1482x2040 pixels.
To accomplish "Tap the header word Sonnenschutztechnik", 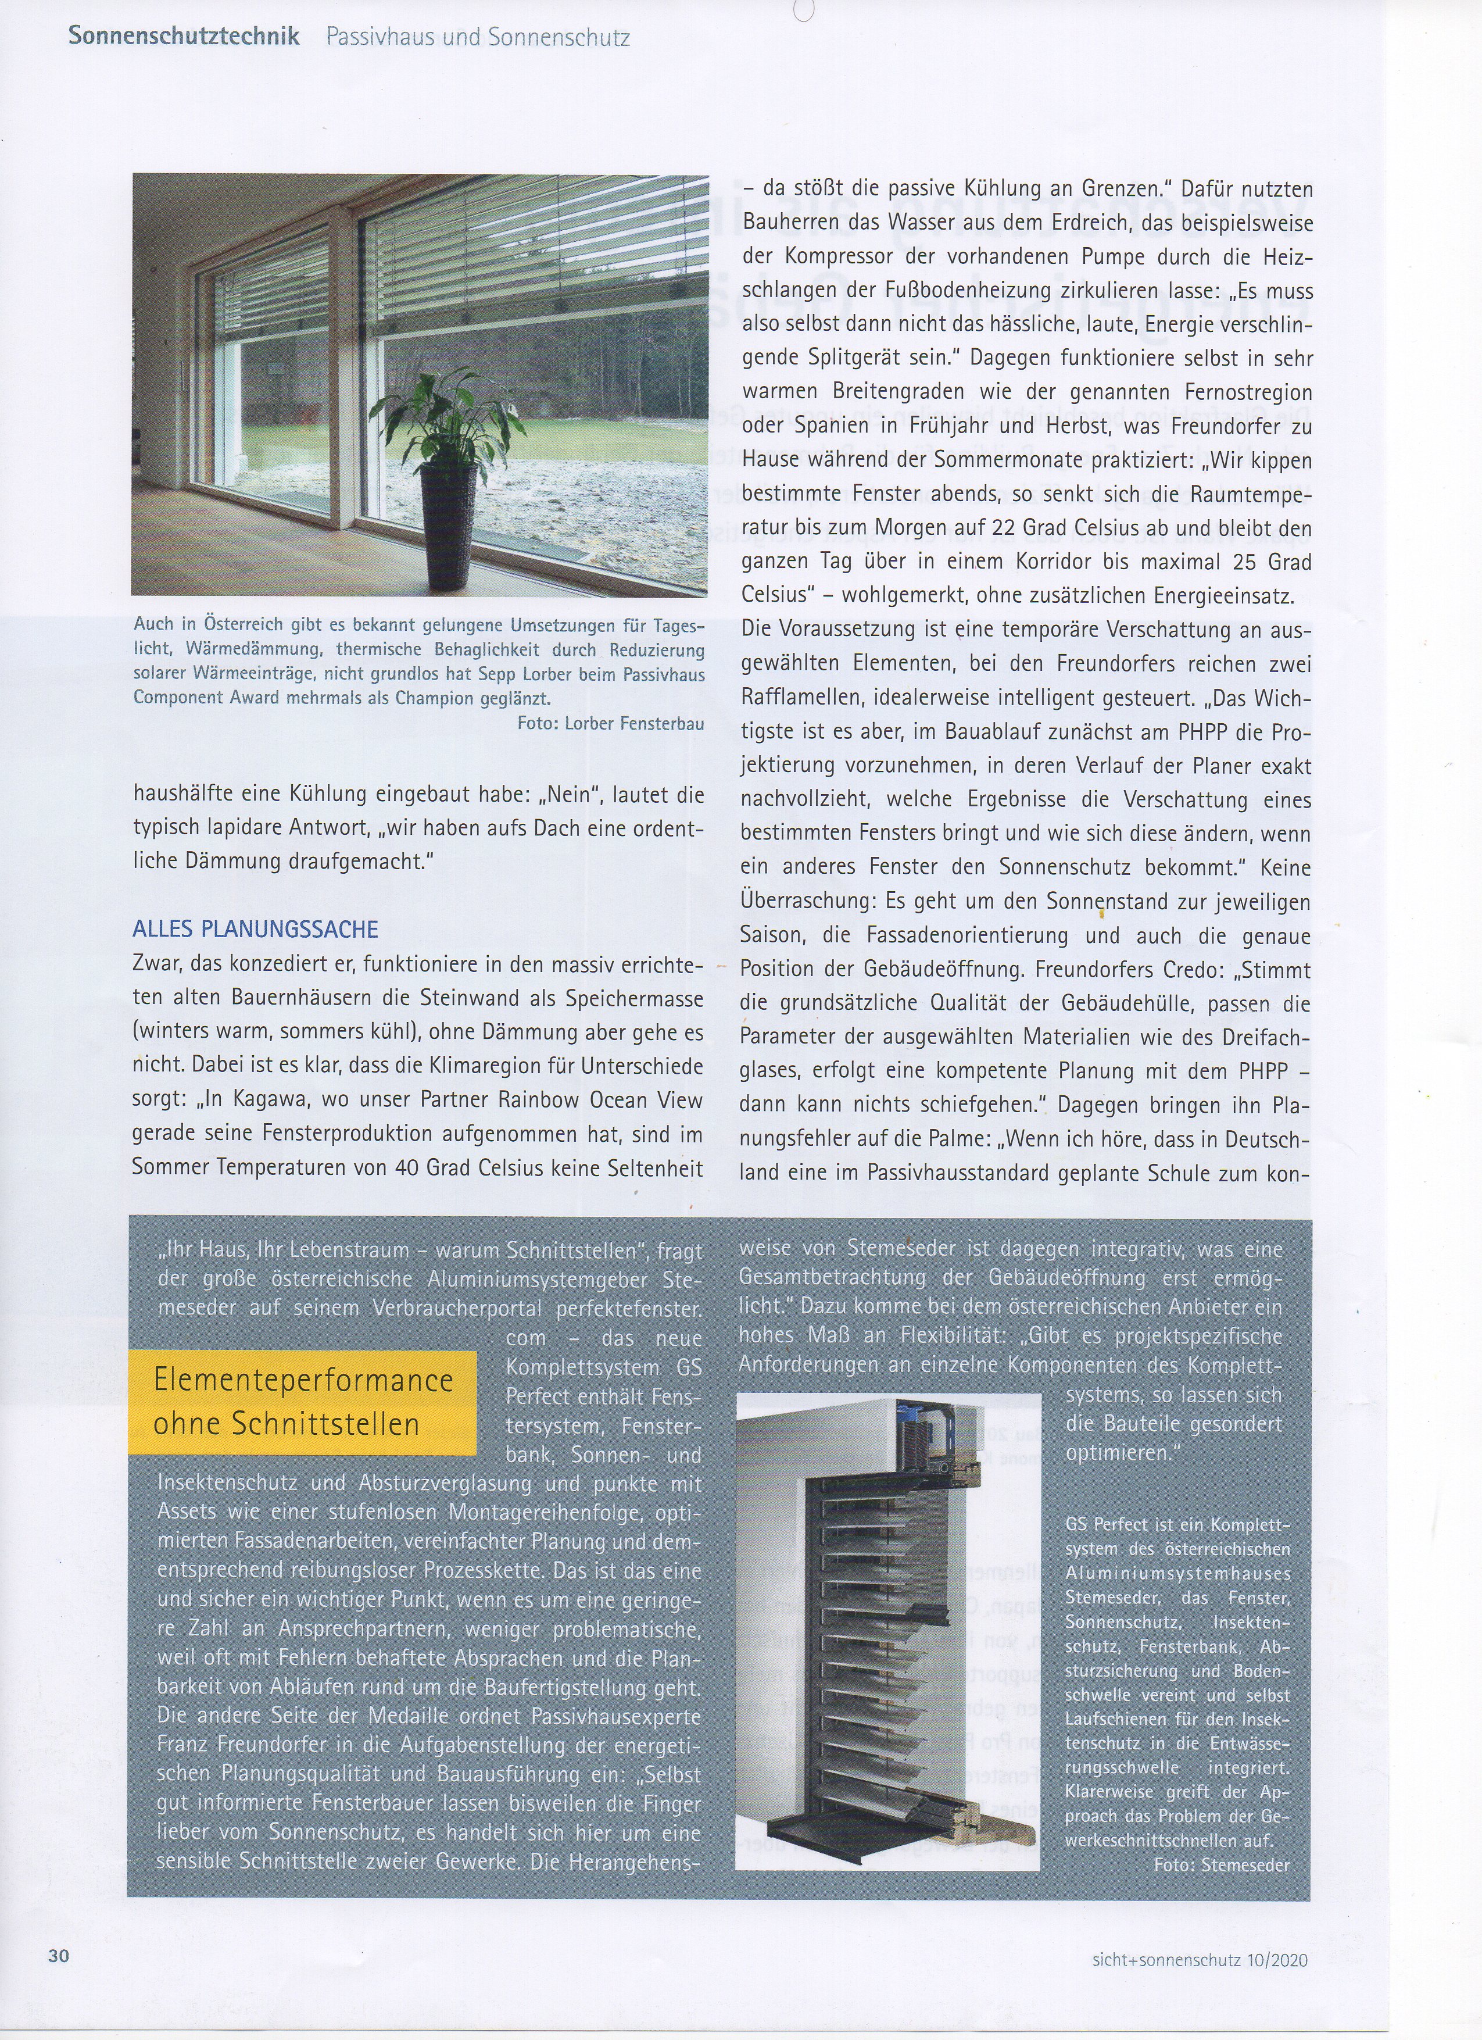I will click(x=184, y=37).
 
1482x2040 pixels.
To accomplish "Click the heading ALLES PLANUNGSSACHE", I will click(x=255, y=929).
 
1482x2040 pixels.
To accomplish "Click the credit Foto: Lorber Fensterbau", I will click(x=611, y=723).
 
